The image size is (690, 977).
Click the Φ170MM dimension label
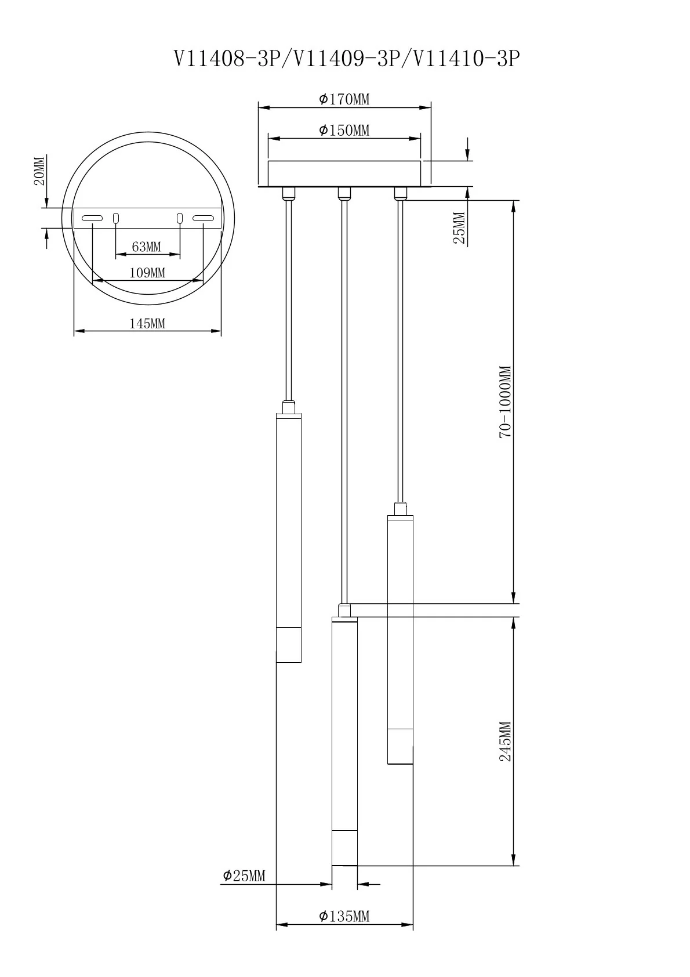point(344,100)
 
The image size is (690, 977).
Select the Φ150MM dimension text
point(344,131)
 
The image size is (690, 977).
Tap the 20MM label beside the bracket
point(39,171)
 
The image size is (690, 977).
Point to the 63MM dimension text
point(146,247)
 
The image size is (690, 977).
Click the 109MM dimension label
point(147,273)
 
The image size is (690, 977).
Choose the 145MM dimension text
point(147,323)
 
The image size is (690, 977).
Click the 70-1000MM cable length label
point(506,401)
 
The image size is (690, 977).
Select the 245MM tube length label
point(506,741)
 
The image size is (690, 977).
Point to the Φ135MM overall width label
point(344,916)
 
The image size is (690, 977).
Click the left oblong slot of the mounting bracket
point(92,218)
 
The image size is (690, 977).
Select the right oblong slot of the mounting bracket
point(203,218)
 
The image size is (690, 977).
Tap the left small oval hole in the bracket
point(116,218)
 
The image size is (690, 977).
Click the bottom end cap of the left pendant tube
point(289,645)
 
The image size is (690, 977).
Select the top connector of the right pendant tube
point(400,510)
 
